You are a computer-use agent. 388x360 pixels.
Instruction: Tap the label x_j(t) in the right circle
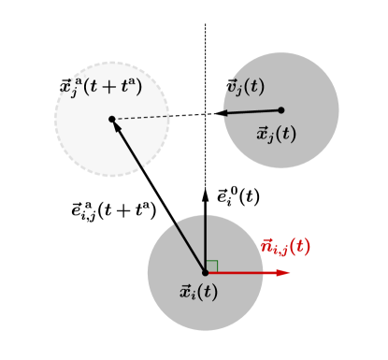point(276,133)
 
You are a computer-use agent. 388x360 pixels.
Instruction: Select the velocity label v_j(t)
point(245,87)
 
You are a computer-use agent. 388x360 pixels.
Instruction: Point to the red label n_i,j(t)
point(285,247)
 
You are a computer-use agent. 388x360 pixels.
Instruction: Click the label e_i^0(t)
point(237,196)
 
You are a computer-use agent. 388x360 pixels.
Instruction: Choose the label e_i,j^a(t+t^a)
point(113,209)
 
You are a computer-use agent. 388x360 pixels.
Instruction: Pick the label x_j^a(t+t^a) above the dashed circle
point(101,88)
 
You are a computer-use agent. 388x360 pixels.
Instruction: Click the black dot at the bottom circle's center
point(206,272)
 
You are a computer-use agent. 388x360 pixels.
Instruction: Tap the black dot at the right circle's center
point(280,110)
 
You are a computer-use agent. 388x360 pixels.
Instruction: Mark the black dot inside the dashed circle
point(111,119)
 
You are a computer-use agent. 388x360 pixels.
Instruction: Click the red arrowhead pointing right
point(283,273)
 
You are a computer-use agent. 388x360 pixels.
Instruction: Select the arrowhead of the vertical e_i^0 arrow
point(206,194)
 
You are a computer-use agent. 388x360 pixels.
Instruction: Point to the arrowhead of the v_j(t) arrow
point(222,113)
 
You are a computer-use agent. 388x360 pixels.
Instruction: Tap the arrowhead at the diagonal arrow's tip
point(116,125)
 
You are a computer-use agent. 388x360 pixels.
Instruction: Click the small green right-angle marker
point(211,266)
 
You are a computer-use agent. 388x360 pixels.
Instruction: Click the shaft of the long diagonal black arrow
point(159,195)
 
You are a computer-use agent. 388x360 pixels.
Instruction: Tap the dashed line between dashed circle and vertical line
point(159,117)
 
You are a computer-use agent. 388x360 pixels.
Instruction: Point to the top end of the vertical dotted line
point(206,25)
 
